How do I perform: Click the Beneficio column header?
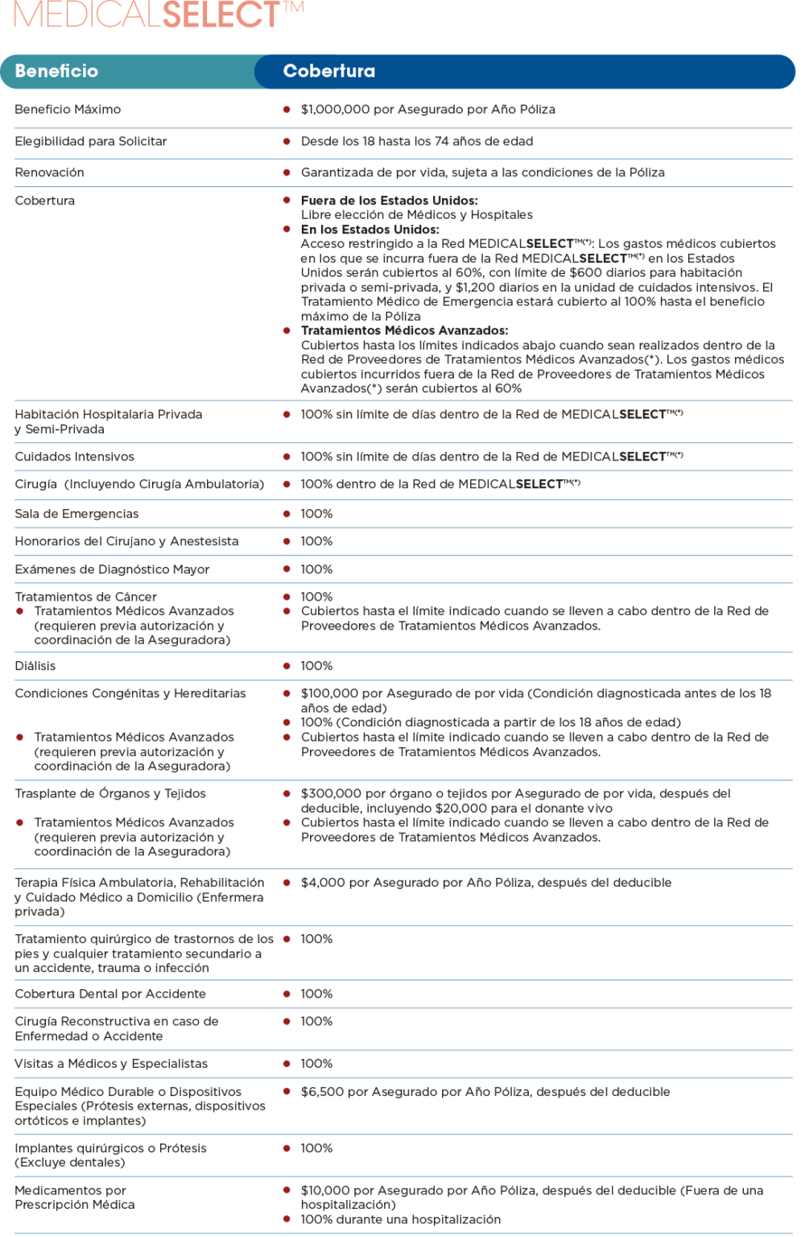pos(56,71)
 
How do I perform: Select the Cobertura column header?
pos(328,71)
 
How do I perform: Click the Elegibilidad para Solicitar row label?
pos(91,141)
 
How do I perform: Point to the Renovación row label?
pos(49,172)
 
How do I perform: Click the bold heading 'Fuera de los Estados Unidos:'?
pos(389,201)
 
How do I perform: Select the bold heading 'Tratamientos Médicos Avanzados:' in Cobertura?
pos(404,330)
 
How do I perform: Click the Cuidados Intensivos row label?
pos(74,457)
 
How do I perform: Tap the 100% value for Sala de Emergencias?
pos(316,514)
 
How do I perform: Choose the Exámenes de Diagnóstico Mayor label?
pos(112,569)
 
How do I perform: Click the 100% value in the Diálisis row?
pos(316,666)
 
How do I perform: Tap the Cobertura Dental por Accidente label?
pos(110,994)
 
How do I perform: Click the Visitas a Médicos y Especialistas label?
pos(111,1064)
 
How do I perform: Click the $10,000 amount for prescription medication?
pos(325,1190)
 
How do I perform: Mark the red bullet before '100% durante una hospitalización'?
pos(287,1219)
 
